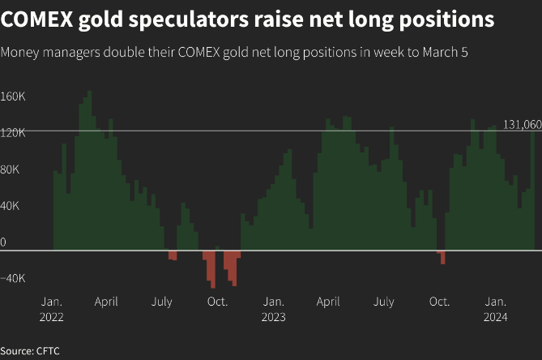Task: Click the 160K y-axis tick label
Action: pos(14,96)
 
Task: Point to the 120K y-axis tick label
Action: pos(14,133)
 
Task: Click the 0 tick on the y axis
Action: pos(4,242)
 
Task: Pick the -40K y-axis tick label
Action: pos(14,278)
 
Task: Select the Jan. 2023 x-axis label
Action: pos(273,309)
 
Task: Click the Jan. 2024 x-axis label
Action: pos(495,309)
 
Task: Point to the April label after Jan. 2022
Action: pos(106,302)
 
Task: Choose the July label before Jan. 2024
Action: pos(384,302)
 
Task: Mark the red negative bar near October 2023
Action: pos(442,257)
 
